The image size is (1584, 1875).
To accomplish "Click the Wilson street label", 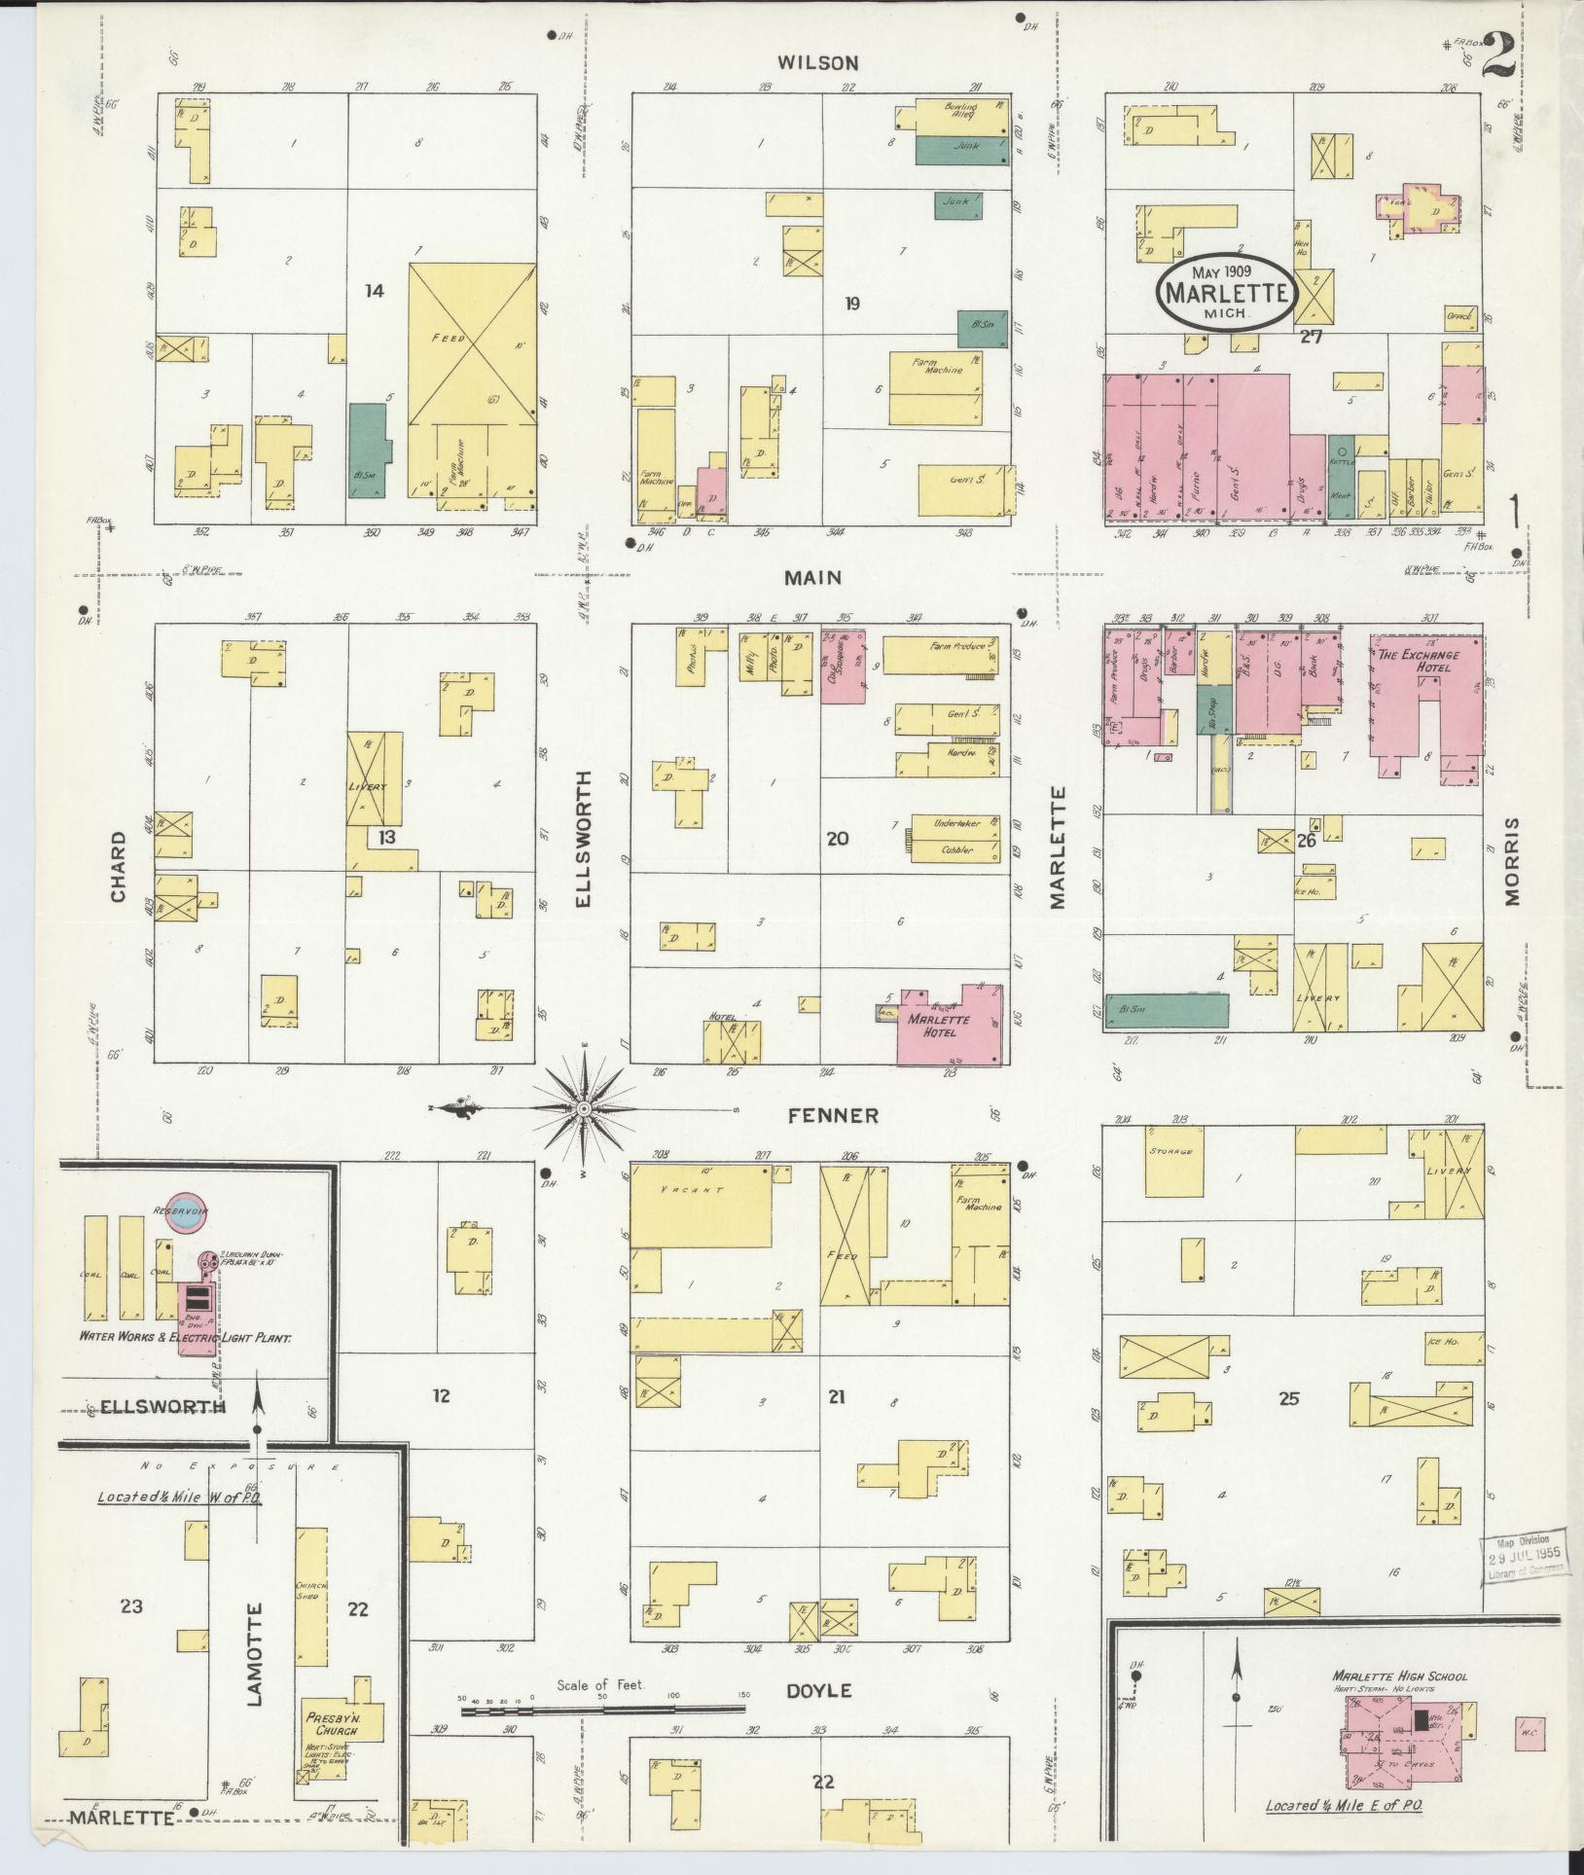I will pyautogui.click(x=817, y=63).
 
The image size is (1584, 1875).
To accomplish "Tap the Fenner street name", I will pyautogui.click(x=834, y=1115).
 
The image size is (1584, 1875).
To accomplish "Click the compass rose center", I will pyautogui.click(x=584, y=1109).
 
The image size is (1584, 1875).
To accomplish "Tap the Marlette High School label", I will pyautogui.click(x=1399, y=1676).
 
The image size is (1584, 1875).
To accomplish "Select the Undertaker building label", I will pyautogui.click(x=956, y=822).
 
